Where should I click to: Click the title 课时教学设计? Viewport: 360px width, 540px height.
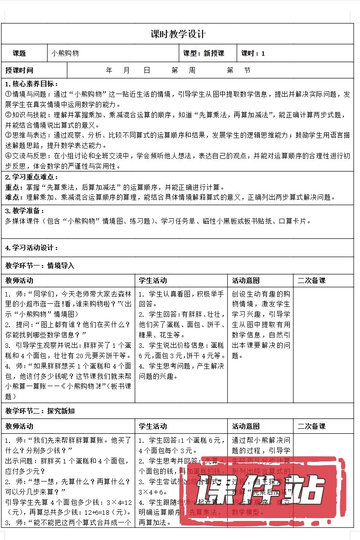pos(178,34)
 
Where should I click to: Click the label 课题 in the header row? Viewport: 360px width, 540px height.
pos(19,53)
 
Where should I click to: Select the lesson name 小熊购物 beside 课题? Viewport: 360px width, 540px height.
pos(65,53)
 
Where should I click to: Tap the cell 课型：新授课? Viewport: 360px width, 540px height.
pos(204,53)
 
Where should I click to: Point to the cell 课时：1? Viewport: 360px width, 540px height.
pos(253,53)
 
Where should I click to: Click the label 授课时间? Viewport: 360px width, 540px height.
pos(19,70)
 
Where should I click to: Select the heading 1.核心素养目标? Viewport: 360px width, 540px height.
pos(31,84)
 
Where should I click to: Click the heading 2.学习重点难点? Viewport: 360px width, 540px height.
pos(31,177)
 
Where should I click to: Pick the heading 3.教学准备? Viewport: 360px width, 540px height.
pos(25,211)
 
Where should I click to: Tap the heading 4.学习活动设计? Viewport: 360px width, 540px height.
pos(31,247)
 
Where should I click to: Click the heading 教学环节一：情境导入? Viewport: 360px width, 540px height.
pos(40,265)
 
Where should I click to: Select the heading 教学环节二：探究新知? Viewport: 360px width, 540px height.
pos(40,411)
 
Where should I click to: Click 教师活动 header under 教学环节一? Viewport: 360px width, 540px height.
pos(19,280)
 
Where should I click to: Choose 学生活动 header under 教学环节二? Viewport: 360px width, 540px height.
pos(153,426)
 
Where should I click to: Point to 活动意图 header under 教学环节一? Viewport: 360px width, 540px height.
pos(246,280)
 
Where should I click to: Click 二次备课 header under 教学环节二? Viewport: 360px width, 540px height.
pos(311,426)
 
